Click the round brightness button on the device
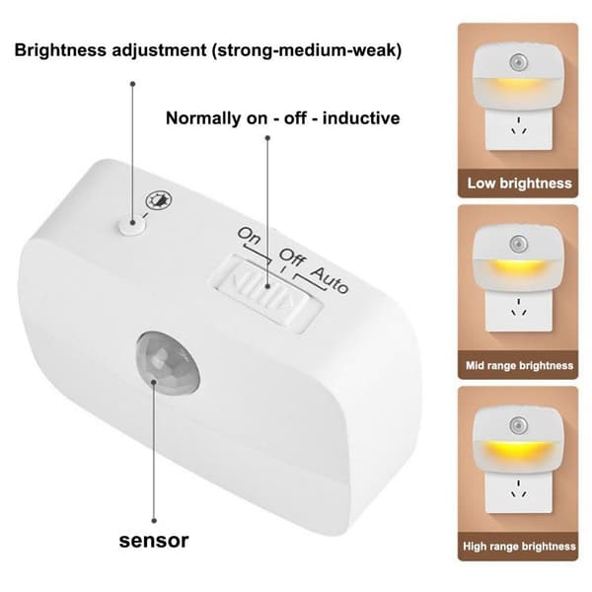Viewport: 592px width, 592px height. click(132, 226)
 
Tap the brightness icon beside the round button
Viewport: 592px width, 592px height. click(159, 200)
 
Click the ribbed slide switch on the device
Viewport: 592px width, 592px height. click(267, 292)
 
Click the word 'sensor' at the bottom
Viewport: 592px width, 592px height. click(154, 541)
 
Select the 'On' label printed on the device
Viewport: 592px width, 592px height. click(250, 236)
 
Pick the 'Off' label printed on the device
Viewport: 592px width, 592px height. click(292, 257)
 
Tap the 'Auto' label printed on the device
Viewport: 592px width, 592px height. click(330, 280)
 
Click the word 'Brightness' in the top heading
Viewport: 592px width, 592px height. click(60, 50)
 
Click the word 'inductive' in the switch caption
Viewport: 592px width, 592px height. click(361, 118)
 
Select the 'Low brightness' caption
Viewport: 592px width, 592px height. click(520, 184)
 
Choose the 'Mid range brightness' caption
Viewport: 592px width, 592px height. click(519, 365)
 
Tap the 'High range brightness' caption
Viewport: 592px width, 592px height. click(519, 547)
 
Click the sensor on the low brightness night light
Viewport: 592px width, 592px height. click(519, 62)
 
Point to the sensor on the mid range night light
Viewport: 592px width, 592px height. click(519, 244)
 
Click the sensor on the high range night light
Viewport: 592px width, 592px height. click(519, 425)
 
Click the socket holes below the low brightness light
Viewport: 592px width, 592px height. click(518, 126)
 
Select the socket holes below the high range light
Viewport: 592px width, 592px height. click(518, 489)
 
